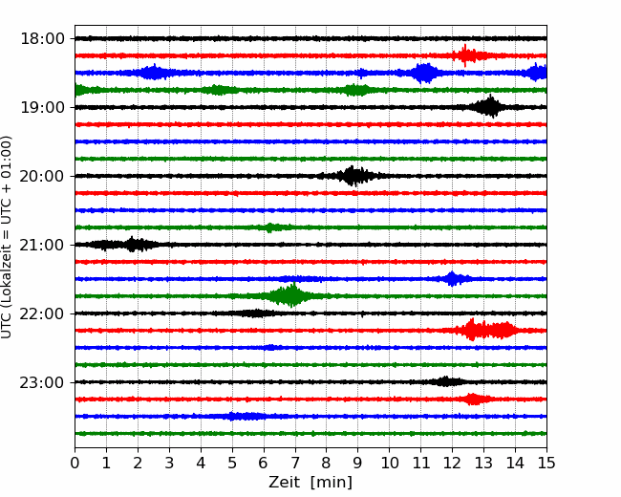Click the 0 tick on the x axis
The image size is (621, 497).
(75, 464)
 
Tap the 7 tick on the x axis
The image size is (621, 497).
(295, 464)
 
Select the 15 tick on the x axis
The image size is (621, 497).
(546, 464)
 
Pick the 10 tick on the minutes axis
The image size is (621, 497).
(390, 464)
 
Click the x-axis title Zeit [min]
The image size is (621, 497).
(310, 483)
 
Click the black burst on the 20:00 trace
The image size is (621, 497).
(354, 175)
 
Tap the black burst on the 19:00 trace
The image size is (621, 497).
(490, 106)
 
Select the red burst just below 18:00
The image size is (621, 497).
(466, 54)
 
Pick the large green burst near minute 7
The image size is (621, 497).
(289, 295)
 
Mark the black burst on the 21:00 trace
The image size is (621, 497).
(134, 245)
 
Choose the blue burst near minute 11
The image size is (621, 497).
(424, 73)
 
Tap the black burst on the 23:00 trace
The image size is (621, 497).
(444, 381)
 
